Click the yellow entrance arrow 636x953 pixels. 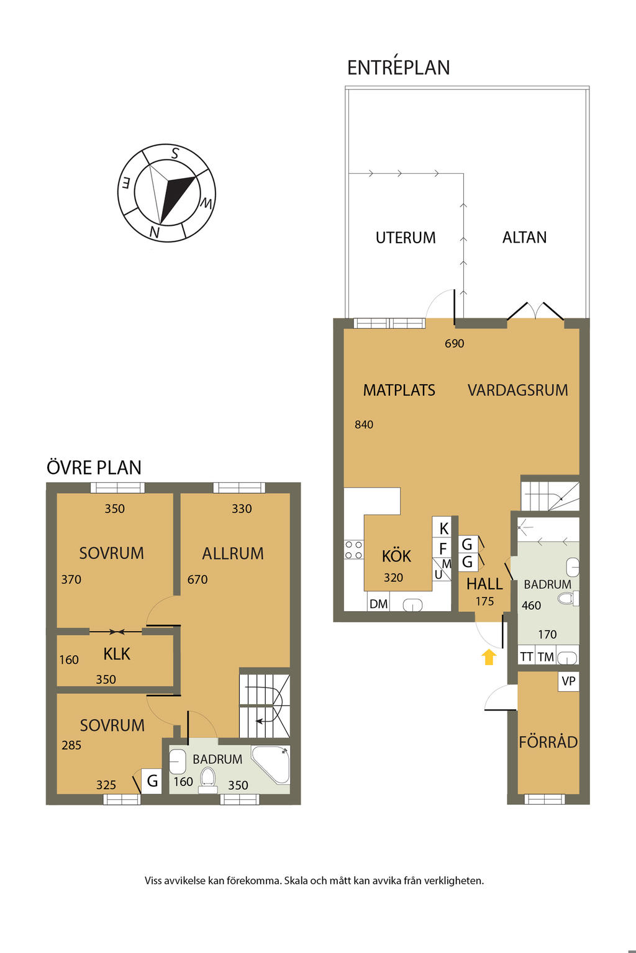[x=489, y=656]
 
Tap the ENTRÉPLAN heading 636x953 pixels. [x=398, y=67]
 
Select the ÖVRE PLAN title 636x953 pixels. [x=94, y=467]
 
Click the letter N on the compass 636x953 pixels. [x=154, y=232]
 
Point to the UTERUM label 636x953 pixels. [x=406, y=238]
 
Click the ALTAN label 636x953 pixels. [x=524, y=238]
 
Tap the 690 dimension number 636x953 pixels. [x=454, y=343]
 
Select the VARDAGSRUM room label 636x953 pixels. [x=517, y=390]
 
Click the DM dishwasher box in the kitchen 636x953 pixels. [x=378, y=603]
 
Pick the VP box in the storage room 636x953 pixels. [x=568, y=681]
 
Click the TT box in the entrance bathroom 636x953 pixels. [x=527, y=656]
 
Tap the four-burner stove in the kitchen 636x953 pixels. [x=353, y=550]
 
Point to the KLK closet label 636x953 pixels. [x=116, y=654]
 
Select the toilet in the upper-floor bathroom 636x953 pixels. [x=208, y=780]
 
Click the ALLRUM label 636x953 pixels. [x=232, y=553]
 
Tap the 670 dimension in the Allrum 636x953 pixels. [x=198, y=579]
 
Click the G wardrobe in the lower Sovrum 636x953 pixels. [x=152, y=781]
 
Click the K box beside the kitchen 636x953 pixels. [x=443, y=529]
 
